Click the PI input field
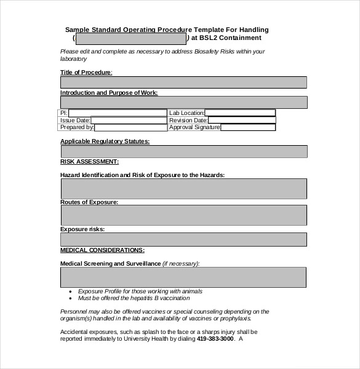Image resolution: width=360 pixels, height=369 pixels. point(118,113)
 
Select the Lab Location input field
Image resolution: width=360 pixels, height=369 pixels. point(240,113)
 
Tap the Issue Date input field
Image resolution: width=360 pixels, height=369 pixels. point(129,121)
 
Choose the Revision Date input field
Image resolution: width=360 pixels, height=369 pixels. point(243,121)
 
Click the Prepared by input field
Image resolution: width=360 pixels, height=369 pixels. point(130,128)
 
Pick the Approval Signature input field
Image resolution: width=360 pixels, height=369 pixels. point(248,128)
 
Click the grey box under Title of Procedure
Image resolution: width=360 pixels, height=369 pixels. point(183,82)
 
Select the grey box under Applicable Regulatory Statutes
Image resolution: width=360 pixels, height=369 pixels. point(183,152)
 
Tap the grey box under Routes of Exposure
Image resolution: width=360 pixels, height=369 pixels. point(183,215)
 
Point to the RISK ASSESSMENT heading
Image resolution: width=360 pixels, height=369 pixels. point(89,162)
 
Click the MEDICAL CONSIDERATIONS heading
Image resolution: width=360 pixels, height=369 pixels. point(102,250)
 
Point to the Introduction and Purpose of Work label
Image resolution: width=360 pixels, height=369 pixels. point(109,92)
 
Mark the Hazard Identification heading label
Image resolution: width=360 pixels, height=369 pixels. point(142,175)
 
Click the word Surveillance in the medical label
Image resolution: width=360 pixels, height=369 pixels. point(139,263)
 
